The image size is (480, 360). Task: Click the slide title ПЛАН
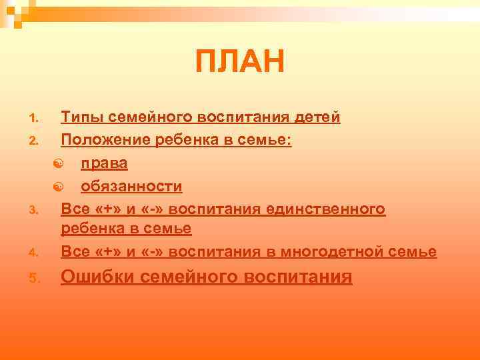[240, 62]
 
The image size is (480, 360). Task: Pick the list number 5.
[35, 278]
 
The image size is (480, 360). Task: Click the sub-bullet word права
[105, 163]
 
